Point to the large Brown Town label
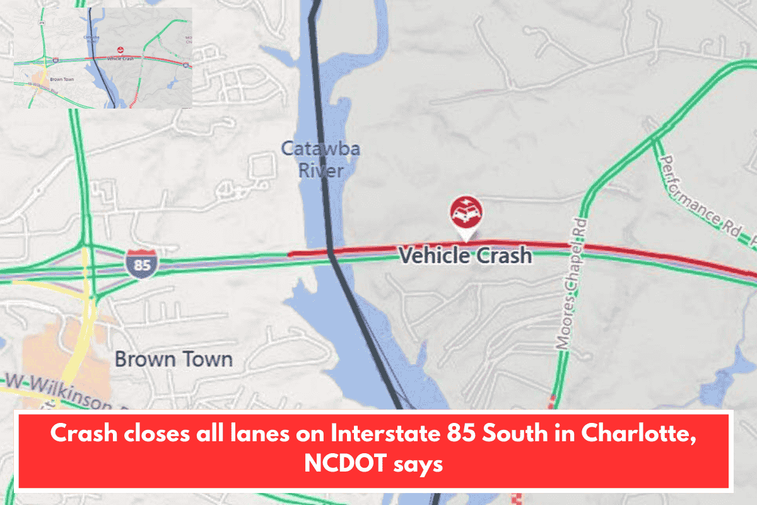[173, 360]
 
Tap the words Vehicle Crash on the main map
[466, 256]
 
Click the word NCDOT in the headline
[340, 464]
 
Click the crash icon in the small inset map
[120, 49]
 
